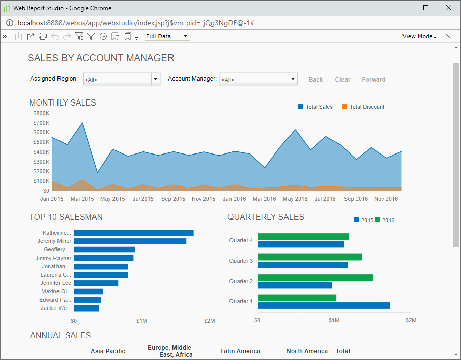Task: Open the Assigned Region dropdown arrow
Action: click(x=156, y=79)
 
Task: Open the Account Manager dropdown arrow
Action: click(x=293, y=79)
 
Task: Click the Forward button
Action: click(x=373, y=80)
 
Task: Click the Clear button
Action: click(x=342, y=80)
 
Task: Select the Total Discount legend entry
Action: click(x=363, y=107)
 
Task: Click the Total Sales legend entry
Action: click(x=316, y=107)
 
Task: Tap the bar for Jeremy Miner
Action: click(x=130, y=241)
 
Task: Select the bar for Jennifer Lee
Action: click(x=96, y=283)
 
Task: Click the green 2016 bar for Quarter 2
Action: click(x=315, y=277)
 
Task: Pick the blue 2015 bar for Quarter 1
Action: click(x=323, y=306)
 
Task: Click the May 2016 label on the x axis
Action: click(x=295, y=199)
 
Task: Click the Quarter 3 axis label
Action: click(x=241, y=261)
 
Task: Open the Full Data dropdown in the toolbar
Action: click(x=167, y=36)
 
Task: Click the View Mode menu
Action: click(x=419, y=36)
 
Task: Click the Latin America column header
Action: click(x=240, y=351)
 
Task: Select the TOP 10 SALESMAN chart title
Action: click(x=66, y=217)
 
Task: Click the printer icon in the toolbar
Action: click(x=43, y=36)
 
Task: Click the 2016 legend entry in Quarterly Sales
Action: click(x=385, y=220)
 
